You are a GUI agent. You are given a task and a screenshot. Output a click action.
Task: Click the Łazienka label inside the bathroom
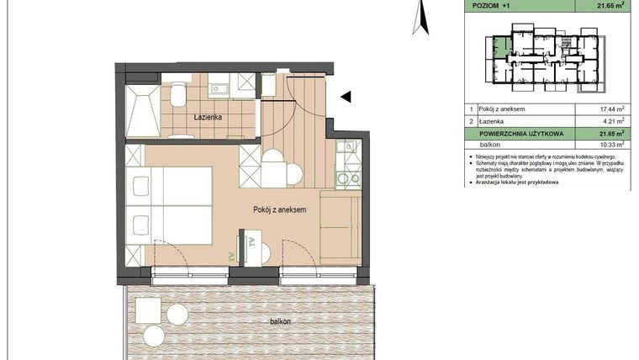pos(206,117)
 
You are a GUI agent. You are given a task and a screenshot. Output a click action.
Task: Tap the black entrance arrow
pos(346,98)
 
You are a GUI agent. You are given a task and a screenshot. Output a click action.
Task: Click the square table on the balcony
pos(149,311)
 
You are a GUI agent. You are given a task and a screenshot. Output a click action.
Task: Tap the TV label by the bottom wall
pos(251,245)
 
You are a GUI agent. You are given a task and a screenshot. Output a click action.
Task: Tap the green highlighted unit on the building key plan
pos(501,50)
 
